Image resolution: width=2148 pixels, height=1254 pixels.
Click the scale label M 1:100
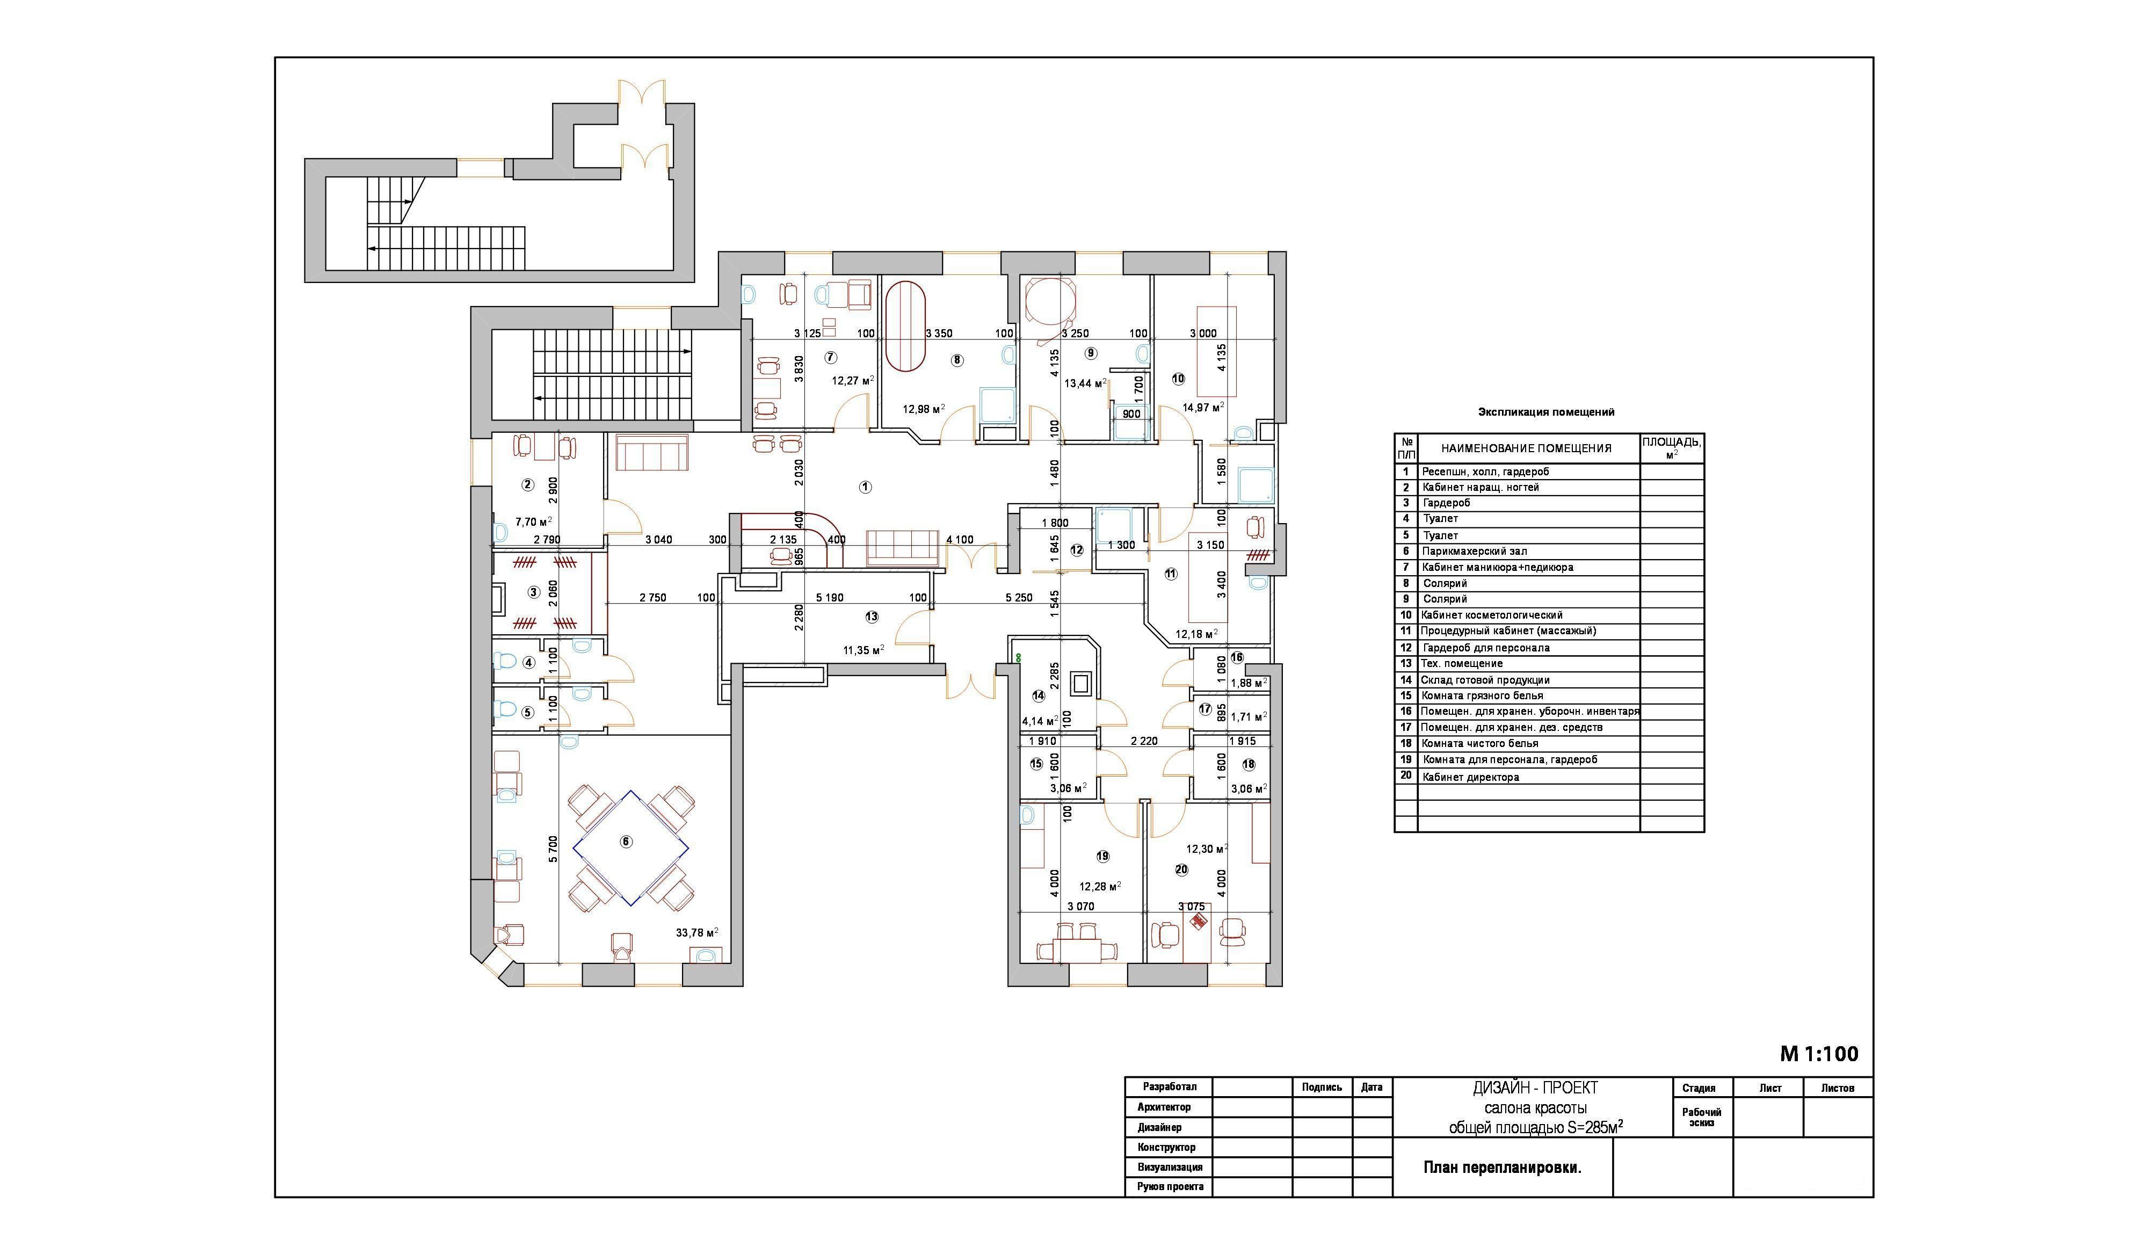coord(1819,1054)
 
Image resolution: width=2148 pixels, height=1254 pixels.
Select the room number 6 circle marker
coord(627,842)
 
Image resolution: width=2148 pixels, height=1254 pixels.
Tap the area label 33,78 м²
coord(697,933)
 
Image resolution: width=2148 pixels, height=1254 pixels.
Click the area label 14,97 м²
coord(1203,408)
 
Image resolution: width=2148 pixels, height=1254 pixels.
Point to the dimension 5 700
coord(553,849)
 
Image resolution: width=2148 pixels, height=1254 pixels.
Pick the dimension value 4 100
coord(960,540)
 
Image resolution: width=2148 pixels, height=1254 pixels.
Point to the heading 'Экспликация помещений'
coord(1546,412)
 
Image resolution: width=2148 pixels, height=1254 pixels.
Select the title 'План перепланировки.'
coord(1502,1168)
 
